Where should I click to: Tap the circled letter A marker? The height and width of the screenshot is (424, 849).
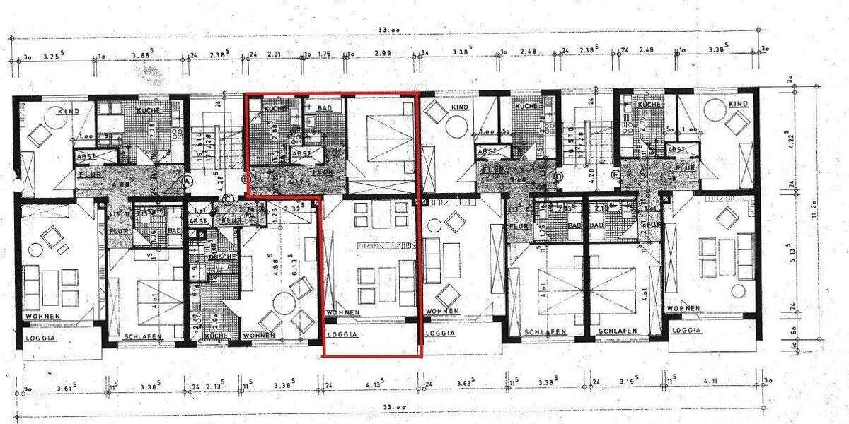187,181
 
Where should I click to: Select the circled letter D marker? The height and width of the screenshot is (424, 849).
559,176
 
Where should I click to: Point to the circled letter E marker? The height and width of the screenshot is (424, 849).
616,176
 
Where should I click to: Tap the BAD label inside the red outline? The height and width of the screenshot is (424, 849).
324,107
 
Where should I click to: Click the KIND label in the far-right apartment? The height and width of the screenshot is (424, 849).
738,104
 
